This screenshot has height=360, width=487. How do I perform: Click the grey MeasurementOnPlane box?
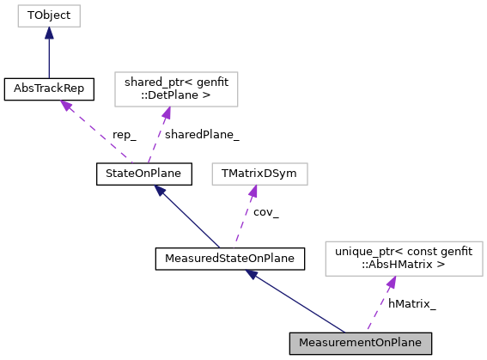(360, 343)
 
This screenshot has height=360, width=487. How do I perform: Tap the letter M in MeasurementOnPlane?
(303, 343)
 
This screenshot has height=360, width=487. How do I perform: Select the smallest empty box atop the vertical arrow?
(49, 15)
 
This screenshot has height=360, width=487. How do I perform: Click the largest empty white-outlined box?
(404, 259)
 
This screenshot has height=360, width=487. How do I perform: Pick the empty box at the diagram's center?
(259, 174)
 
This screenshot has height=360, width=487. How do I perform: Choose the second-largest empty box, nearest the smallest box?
(176, 89)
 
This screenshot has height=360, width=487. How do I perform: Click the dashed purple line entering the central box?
(242, 218)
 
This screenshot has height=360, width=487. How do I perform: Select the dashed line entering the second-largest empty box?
(156, 138)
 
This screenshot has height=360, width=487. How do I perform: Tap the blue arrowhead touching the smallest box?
(49, 34)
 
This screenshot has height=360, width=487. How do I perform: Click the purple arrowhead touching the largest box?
(392, 283)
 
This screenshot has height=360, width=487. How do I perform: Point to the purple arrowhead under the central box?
(253, 192)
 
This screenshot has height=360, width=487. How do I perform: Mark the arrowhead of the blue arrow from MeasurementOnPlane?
(252, 275)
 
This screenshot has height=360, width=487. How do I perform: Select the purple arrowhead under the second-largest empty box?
(167, 113)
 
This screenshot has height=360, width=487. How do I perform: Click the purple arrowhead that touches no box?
(66, 106)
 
